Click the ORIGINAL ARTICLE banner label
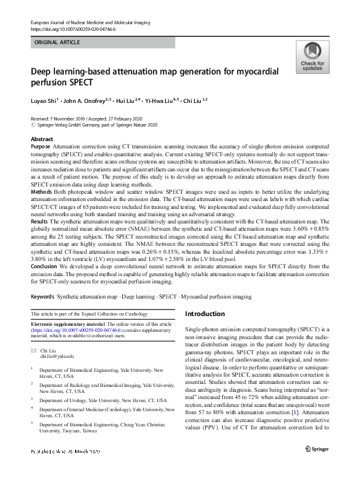(57, 43)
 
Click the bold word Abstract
(42, 140)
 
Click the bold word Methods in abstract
(41, 191)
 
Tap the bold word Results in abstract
(40, 222)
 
